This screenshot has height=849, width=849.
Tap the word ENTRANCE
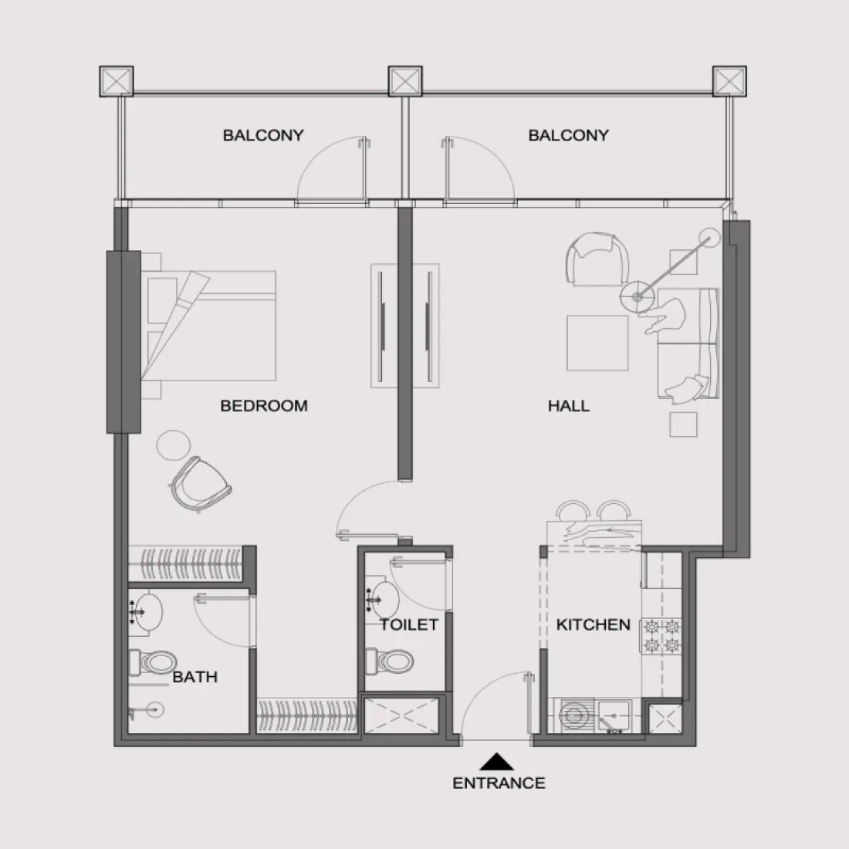pos(499,783)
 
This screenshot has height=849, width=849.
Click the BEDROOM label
pos(264,405)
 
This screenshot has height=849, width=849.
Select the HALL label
pos(569,405)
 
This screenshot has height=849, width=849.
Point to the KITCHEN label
pos(593,624)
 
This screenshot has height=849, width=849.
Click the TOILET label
pos(408,624)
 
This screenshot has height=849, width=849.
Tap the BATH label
pos(194,677)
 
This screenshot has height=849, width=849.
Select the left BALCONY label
pos(263,135)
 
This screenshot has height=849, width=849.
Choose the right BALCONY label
pos(568,135)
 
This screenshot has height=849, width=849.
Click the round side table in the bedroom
pos(171,444)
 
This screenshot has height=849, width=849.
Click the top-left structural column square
pos(117,81)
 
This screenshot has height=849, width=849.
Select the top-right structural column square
pos(730,81)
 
